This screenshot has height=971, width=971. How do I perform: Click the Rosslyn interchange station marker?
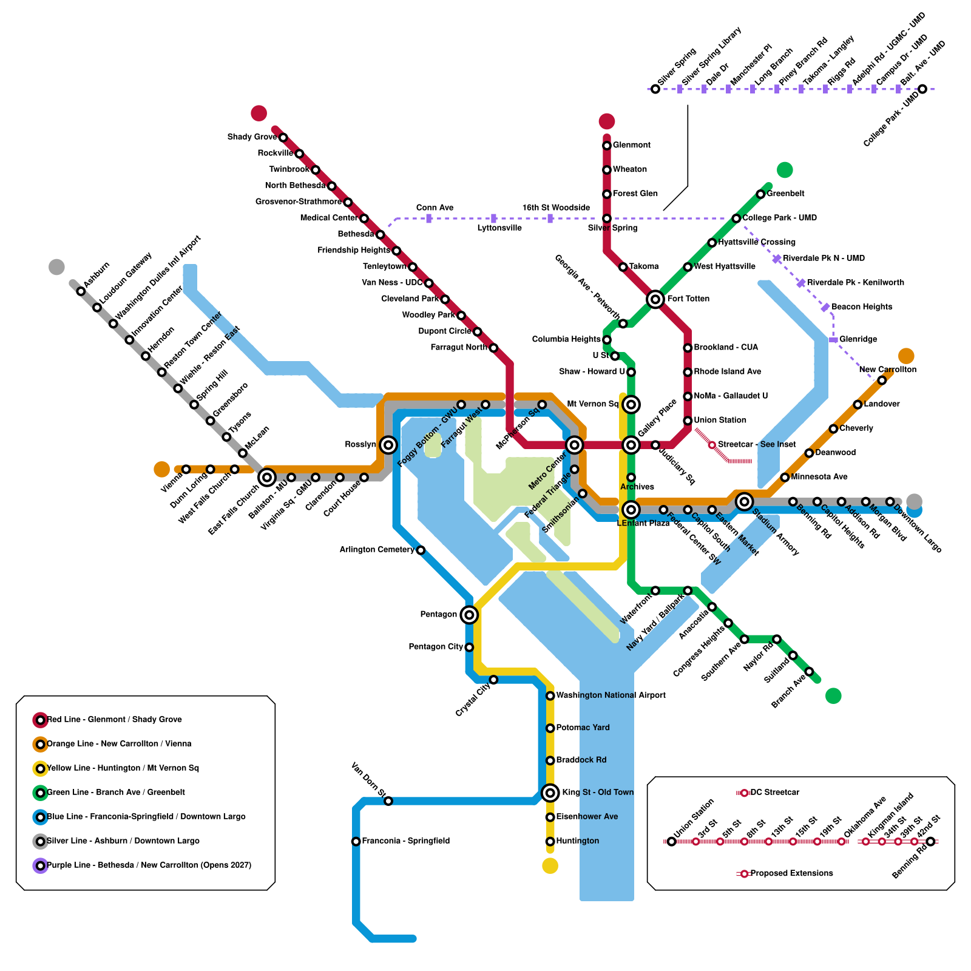tap(388, 445)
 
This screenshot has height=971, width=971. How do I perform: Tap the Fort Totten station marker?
tap(655, 299)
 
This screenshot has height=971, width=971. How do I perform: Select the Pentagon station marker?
tap(469, 615)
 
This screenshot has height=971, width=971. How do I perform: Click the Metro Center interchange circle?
tap(574, 445)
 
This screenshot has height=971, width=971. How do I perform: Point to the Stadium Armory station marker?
tap(744, 501)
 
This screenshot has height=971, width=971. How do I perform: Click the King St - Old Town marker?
tap(550, 792)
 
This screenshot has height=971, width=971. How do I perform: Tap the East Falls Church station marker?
tap(267, 477)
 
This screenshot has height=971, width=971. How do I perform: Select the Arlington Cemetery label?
tap(376, 550)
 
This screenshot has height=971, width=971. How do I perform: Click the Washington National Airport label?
tap(611, 695)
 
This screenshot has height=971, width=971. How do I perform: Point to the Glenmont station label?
tap(631, 145)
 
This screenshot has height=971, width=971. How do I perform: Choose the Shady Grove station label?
tap(252, 137)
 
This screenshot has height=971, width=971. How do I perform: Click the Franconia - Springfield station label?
tap(405, 841)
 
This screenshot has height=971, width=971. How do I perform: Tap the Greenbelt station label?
tap(785, 194)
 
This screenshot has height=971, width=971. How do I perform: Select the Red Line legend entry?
tap(114, 720)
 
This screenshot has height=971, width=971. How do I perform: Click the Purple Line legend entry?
tap(149, 865)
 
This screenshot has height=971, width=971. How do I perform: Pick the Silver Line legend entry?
tap(123, 841)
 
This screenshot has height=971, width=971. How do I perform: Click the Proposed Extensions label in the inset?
tap(791, 873)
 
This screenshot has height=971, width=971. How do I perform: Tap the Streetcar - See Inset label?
tap(756, 445)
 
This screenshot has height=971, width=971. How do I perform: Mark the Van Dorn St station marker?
tap(388, 801)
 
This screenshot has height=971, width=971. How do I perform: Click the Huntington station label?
tap(577, 841)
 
